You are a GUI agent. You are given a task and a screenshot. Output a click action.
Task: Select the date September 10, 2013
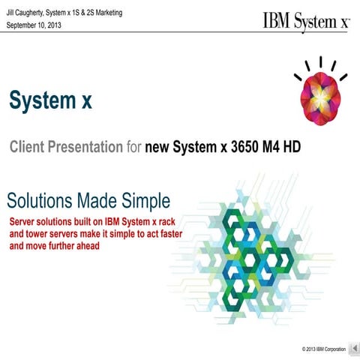[x=34, y=25]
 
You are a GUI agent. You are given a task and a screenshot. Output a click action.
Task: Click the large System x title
[x=50, y=100]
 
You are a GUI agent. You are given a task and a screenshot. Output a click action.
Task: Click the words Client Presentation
[x=65, y=146]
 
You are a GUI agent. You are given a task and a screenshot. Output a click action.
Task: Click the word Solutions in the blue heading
[x=36, y=200]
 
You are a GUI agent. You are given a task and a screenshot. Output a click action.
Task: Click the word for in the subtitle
[x=132, y=146]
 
